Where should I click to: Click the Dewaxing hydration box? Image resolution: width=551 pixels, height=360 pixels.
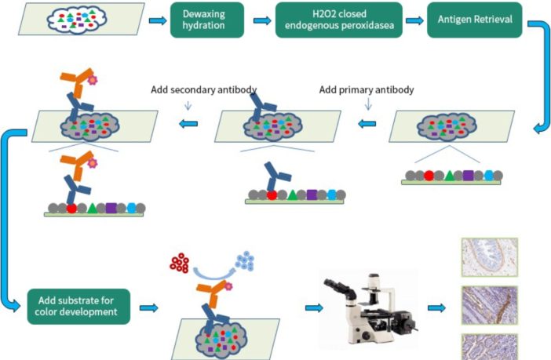tap(207, 20)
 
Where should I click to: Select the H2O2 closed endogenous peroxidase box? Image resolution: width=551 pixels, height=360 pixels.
tap(339, 20)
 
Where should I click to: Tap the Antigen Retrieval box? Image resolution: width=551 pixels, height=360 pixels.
tap(474, 20)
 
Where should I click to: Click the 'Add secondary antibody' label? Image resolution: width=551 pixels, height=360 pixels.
tap(203, 89)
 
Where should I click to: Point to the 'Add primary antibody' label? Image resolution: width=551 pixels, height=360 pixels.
tap(367, 89)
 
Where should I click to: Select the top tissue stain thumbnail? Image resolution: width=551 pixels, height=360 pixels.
tap(489, 256)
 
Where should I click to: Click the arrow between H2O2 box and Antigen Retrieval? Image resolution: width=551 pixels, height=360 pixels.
tap(414, 20)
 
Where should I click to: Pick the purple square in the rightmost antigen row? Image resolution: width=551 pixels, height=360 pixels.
tap(469, 176)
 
